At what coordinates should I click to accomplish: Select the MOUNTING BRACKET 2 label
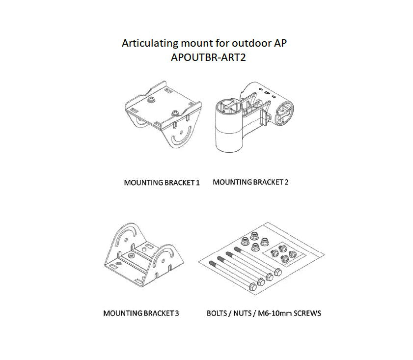point(250,182)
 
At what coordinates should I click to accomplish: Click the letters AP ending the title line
point(280,43)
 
